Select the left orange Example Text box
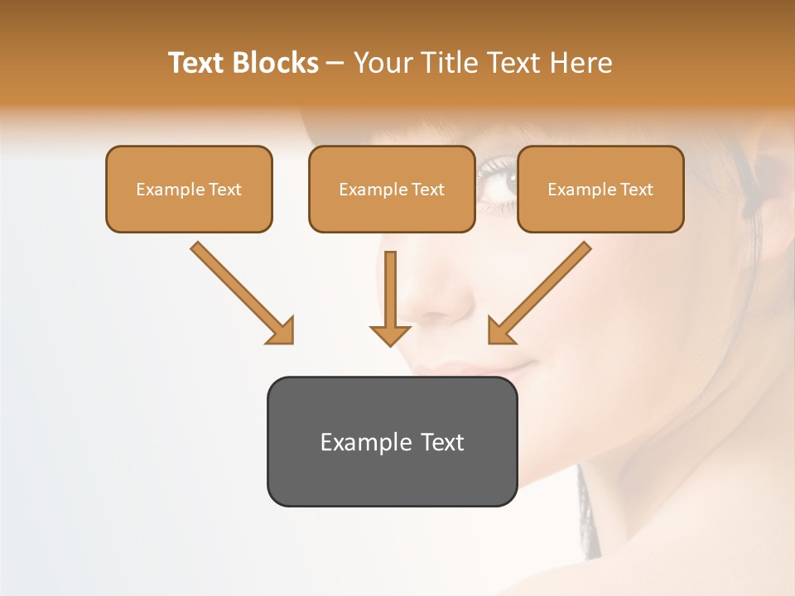pos(189,189)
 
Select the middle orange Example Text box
pos(392,189)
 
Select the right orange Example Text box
pos(600,189)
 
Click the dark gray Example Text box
pos(392,441)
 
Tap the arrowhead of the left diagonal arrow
pos(281,331)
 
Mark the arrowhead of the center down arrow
pos(390,334)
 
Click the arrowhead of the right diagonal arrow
pos(501,330)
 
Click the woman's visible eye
pos(499,180)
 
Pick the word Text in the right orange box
pos(636,190)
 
